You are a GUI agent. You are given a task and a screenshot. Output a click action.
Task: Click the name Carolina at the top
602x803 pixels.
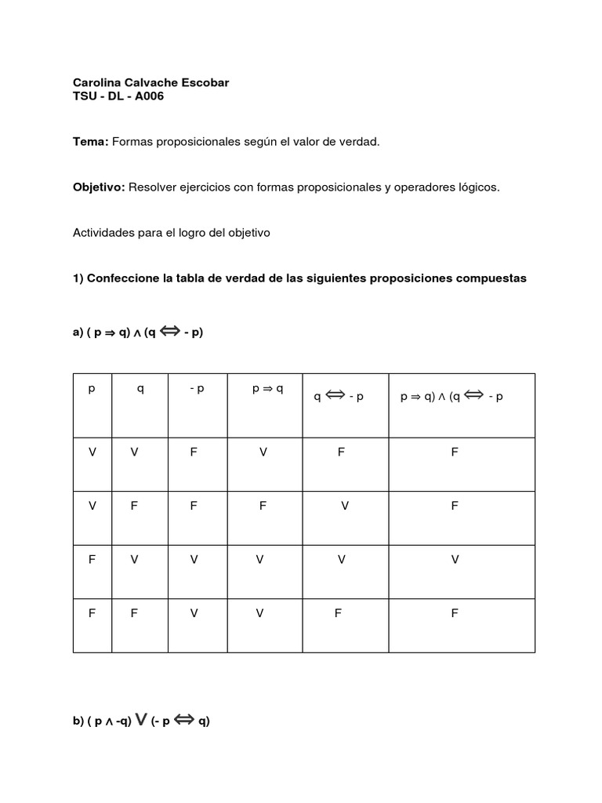[x=98, y=82]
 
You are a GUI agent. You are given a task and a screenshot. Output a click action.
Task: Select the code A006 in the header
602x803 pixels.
[x=147, y=96]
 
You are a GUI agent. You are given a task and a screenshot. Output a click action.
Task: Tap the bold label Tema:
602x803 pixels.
[x=91, y=141]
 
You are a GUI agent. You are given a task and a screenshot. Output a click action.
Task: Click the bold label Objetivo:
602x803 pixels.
[x=99, y=187]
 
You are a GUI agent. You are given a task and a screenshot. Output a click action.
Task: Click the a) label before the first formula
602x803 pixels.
[x=78, y=332]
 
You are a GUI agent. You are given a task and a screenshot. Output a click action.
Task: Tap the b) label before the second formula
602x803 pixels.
[x=78, y=722]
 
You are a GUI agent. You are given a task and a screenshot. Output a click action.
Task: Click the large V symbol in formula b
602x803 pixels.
[x=142, y=721]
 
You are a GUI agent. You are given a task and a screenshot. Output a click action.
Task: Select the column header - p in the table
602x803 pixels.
[x=197, y=389]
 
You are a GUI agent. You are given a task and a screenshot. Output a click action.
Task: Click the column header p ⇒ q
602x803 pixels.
[x=267, y=389]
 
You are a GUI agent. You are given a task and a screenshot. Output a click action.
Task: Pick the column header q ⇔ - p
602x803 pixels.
[x=339, y=396]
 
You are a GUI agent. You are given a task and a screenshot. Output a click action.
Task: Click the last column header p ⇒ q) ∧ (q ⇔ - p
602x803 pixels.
[x=451, y=396]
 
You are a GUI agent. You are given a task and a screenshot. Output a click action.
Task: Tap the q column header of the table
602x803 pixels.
[x=140, y=389]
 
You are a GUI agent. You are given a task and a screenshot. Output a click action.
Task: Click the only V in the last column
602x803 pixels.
[x=455, y=559]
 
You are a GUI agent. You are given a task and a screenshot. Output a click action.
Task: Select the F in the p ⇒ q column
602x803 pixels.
[x=263, y=506]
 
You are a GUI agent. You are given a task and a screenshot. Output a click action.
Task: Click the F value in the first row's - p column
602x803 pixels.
[x=194, y=452]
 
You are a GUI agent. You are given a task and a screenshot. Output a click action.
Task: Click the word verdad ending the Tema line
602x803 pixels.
[x=361, y=141]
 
